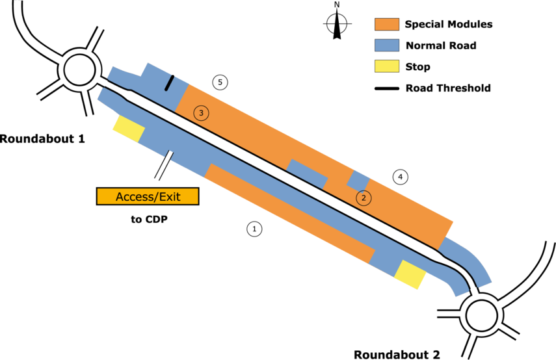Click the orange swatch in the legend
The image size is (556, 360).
coord(386,25)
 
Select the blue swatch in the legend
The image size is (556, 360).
coord(386,45)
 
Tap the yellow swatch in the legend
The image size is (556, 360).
coord(386,66)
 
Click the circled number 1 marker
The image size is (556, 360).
coord(254,229)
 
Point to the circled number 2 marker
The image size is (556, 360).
coord(364,198)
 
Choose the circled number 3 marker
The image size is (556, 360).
coord(202,113)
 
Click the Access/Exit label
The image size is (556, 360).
coord(148,196)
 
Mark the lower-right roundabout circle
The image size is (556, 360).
coord(482,315)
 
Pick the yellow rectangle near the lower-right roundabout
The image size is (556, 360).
coord(410,274)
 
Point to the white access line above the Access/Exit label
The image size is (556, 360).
coord(163,165)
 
